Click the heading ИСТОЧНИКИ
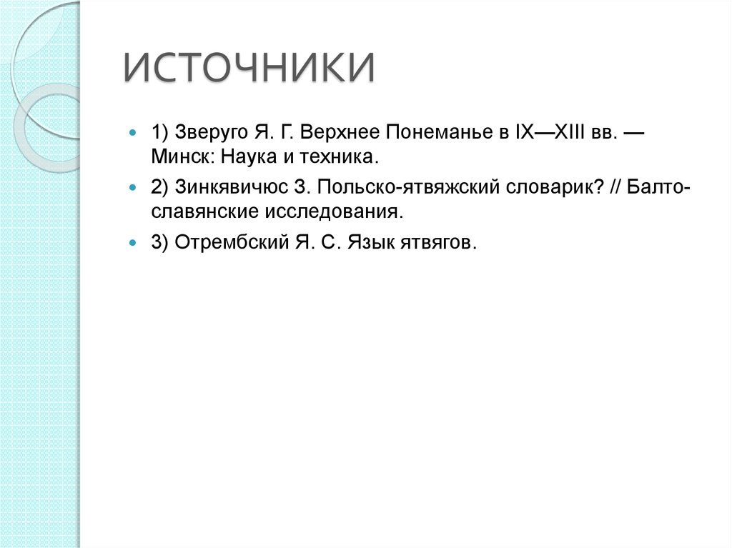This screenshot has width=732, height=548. pyautogui.click(x=249, y=69)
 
